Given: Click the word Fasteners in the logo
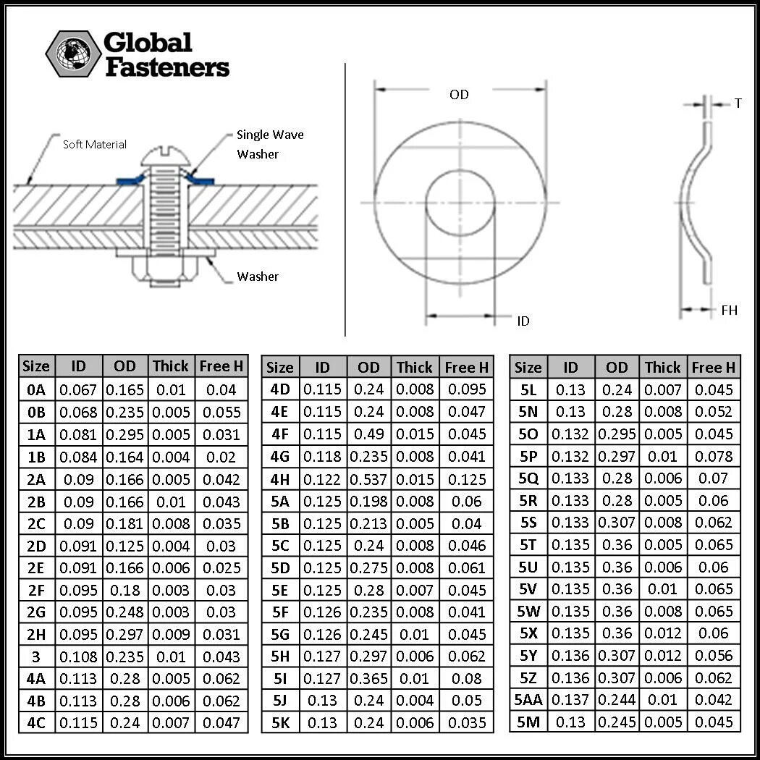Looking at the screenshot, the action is point(167,68).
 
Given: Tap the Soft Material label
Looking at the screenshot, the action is point(95,145).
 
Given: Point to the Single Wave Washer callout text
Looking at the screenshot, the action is point(269,144).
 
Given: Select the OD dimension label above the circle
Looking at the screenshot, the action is point(459,95).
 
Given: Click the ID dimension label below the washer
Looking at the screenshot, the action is point(523,321).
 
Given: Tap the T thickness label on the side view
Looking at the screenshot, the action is point(738,104).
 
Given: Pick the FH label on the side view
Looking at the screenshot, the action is point(730,310).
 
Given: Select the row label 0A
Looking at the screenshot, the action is point(35,390).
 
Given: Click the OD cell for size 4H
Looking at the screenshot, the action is point(368,479).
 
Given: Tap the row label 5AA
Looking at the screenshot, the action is point(528,700).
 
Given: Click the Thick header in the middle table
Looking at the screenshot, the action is point(414,368).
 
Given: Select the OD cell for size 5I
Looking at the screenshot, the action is point(368,679).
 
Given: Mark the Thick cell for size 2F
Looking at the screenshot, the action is point(171,590).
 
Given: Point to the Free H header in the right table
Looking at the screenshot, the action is point(713,368).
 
